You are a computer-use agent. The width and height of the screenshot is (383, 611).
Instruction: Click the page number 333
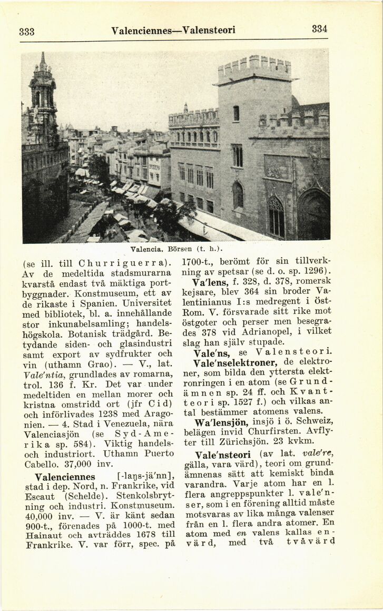[26, 31]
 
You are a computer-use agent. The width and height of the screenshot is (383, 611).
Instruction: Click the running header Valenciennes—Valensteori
[173, 30]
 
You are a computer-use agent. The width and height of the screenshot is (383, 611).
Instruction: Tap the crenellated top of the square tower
[254, 68]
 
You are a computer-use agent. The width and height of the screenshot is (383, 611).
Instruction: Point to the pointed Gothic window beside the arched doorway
[276, 215]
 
